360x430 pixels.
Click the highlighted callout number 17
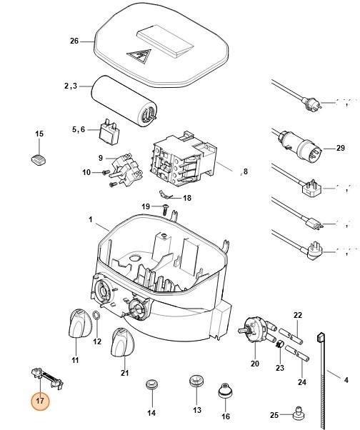click(x=40, y=401)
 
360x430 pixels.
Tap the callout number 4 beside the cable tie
click(x=346, y=380)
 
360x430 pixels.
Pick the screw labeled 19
click(x=165, y=209)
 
